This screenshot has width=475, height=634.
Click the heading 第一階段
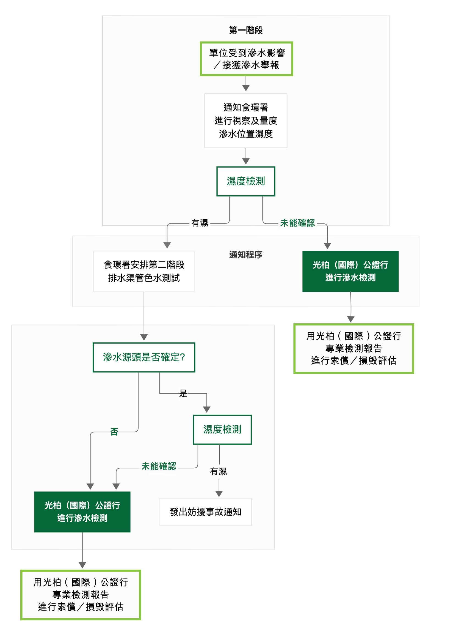click(246, 30)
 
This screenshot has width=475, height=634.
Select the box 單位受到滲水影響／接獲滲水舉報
click(246, 59)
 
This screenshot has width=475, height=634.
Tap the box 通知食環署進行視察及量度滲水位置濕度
click(246, 121)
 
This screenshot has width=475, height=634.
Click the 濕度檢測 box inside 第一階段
click(246, 181)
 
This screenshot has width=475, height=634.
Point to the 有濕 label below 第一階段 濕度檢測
click(200, 223)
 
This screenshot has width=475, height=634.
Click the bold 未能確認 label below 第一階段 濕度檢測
click(297, 223)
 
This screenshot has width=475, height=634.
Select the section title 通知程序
click(246, 255)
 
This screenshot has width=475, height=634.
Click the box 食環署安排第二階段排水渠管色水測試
click(144, 271)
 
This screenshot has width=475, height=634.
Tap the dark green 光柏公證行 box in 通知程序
click(350, 271)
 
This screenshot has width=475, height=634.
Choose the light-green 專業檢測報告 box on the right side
click(354, 348)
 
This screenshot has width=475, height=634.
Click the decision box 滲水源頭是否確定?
click(144, 357)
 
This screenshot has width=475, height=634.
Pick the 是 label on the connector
click(183, 393)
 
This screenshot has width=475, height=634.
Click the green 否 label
click(114, 432)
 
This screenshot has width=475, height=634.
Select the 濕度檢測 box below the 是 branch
click(222, 429)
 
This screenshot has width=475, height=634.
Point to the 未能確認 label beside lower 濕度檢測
click(159, 466)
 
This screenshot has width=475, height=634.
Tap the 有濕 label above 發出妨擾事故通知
click(218, 471)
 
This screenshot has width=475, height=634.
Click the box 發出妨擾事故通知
click(205, 512)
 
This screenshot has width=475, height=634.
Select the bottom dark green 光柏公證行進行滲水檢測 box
click(82, 512)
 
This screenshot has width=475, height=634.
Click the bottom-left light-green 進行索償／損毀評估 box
click(81, 594)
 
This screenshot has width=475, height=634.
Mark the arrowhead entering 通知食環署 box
click(246, 88)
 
